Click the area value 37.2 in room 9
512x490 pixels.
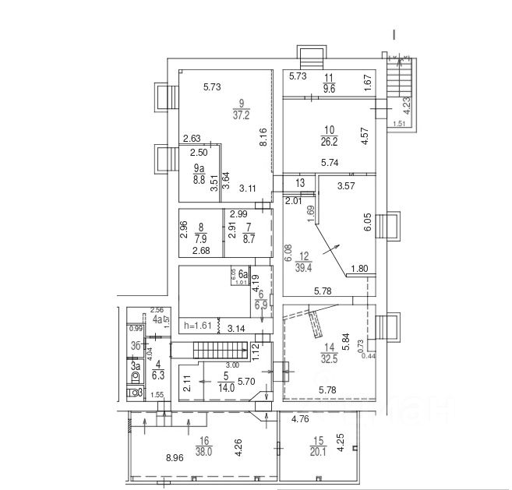(x=242, y=115)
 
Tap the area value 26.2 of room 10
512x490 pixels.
(x=327, y=142)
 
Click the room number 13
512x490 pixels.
(x=301, y=182)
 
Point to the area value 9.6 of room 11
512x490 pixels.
(x=329, y=89)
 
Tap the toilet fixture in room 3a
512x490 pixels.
(x=134, y=378)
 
